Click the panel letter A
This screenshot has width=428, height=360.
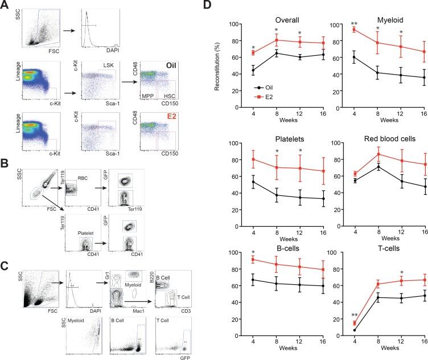point(6,6)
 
